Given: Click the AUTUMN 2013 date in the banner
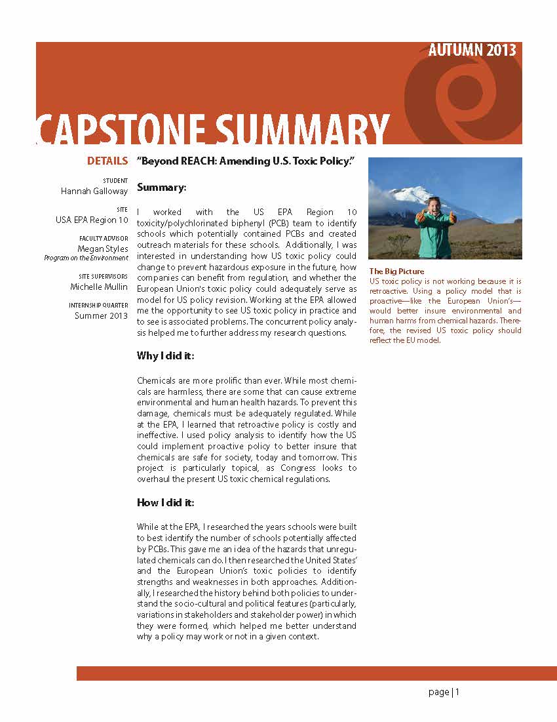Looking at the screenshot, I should click(472, 50).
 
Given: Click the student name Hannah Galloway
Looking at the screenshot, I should click(94, 191).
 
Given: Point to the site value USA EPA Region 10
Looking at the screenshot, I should click(92, 220).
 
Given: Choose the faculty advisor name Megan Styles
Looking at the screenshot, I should click(103, 249).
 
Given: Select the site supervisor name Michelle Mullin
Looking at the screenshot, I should click(99, 287).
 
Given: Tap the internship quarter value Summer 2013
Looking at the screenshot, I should click(101, 316).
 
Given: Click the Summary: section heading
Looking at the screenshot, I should click(162, 188).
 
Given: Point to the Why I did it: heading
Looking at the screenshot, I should click(166, 356).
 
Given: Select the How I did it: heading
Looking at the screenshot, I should click(166, 503).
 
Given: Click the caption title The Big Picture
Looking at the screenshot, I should click(397, 271).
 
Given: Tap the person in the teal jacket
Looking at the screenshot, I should click(433, 230).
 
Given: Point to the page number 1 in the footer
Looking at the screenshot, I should click(457, 692).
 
